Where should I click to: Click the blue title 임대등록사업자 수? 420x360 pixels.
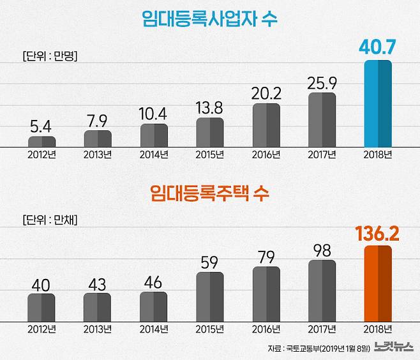click(210, 19)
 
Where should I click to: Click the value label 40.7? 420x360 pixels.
click(377, 47)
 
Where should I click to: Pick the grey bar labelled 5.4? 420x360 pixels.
click(41, 142)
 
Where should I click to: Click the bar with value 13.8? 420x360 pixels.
click(210, 133)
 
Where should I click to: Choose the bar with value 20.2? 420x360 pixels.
click(266, 125)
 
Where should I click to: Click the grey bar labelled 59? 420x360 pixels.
click(210, 297)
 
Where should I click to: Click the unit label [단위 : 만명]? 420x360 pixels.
click(50, 56)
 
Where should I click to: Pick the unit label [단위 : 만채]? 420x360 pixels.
click(50, 221)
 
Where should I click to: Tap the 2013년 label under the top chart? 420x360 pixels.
click(98, 154)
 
